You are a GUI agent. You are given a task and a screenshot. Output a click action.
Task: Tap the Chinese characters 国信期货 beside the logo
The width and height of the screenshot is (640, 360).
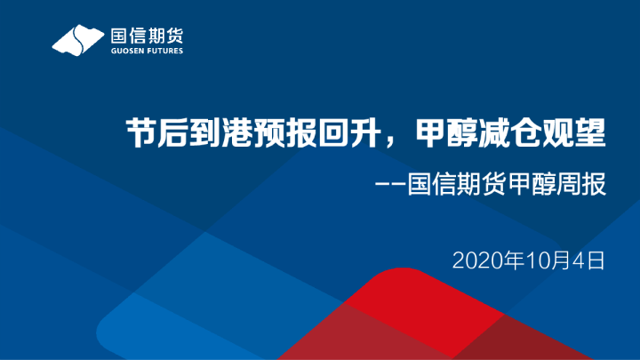click(x=146, y=36)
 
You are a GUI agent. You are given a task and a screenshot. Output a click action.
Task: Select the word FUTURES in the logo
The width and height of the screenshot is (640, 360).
click(x=165, y=52)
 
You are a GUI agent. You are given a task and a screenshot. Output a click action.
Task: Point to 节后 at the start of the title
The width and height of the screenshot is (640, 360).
click(x=152, y=135)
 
